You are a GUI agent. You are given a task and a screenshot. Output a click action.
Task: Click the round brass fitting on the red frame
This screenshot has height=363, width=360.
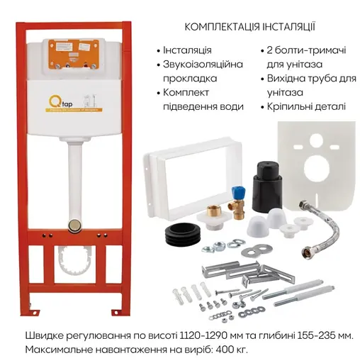[72, 224]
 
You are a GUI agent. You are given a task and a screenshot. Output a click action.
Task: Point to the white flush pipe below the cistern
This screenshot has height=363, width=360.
[72, 177]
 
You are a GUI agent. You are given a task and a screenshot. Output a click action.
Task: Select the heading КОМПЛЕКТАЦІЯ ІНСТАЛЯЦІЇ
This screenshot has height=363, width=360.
[250, 27]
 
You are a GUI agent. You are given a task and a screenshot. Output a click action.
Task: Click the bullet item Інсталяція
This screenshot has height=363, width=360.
[187, 51]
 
